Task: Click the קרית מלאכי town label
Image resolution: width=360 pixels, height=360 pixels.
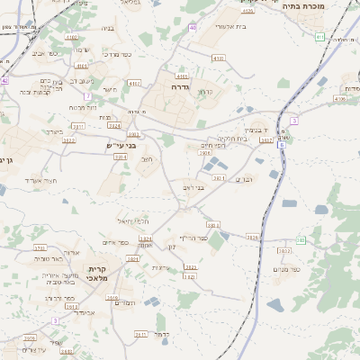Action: click(98, 274)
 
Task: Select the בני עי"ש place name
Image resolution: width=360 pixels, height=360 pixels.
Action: click(118, 145)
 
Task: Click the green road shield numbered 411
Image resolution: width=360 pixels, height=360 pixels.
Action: click(319, 37)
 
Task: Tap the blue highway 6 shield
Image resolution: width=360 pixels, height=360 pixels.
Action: click(281, 144)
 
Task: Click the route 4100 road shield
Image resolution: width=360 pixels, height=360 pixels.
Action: click(218, 58)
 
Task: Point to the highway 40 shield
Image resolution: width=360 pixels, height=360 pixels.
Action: click(193, 28)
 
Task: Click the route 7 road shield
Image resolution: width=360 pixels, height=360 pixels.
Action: click(87, 96)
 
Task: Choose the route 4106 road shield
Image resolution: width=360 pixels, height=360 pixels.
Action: click(338, 99)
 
